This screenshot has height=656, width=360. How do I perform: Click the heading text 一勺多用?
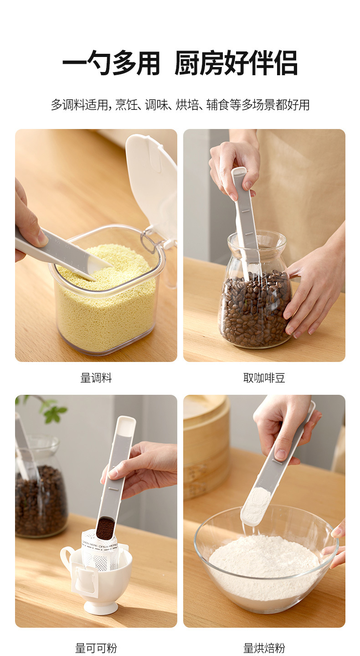tap(111, 63)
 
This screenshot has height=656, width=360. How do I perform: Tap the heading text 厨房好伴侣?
tap(236, 63)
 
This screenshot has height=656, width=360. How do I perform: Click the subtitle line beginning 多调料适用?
tap(180, 105)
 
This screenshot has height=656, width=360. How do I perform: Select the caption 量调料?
tap(96, 378)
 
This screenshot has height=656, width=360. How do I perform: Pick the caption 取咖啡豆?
tap(264, 378)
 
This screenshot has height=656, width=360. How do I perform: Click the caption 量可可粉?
tap(96, 648)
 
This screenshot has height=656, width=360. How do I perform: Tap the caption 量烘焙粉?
tap(264, 648)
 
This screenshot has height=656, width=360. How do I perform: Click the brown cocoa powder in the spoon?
tap(105, 528)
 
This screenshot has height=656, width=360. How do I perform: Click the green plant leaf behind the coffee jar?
tap(55, 413)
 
